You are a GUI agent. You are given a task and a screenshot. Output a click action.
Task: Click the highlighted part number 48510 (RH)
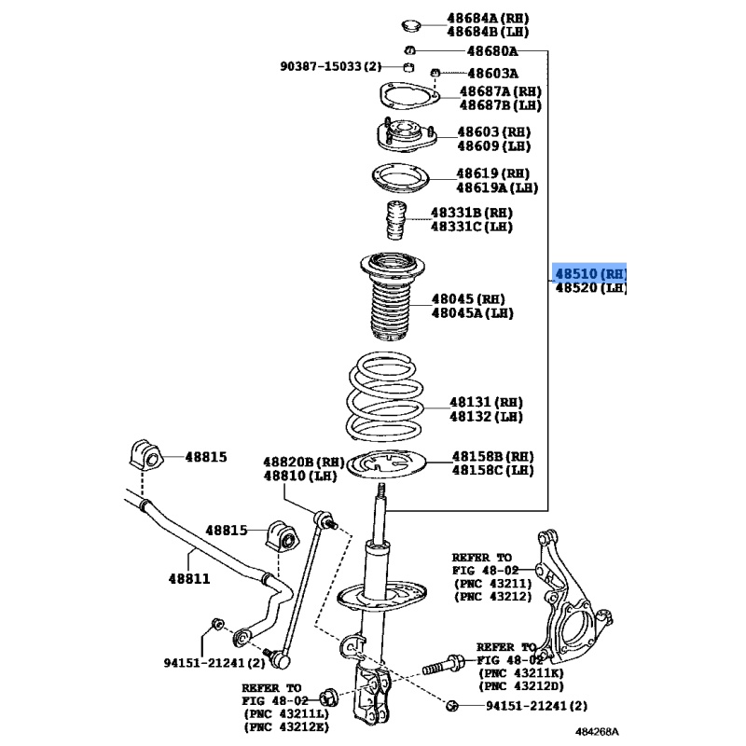(x=591, y=274)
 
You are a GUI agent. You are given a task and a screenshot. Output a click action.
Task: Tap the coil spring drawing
(x=385, y=397)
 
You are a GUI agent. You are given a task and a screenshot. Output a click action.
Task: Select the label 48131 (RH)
(x=486, y=403)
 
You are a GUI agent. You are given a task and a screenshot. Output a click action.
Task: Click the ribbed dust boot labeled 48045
(x=391, y=297)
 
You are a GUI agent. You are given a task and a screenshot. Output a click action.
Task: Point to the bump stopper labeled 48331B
(x=395, y=220)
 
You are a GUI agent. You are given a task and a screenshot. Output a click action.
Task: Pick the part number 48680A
(x=492, y=51)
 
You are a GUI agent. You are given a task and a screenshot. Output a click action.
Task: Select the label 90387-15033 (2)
(x=331, y=66)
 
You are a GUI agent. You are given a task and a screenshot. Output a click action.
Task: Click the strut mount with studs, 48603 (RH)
(x=407, y=135)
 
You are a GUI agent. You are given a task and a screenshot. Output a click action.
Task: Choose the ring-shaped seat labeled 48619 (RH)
(x=401, y=178)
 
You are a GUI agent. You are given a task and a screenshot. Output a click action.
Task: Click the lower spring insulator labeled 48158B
(x=386, y=464)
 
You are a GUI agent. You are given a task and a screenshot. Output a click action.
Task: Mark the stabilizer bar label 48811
(x=189, y=578)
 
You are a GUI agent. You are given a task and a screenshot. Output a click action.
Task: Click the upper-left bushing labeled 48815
(x=146, y=454)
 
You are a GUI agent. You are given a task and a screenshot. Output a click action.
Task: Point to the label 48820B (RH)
(x=304, y=462)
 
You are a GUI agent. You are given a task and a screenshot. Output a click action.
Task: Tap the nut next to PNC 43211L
(x=328, y=698)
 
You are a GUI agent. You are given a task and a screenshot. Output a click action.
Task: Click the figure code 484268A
(x=597, y=731)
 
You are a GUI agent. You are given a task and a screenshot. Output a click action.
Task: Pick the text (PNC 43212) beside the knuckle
(x=492, y=596)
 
